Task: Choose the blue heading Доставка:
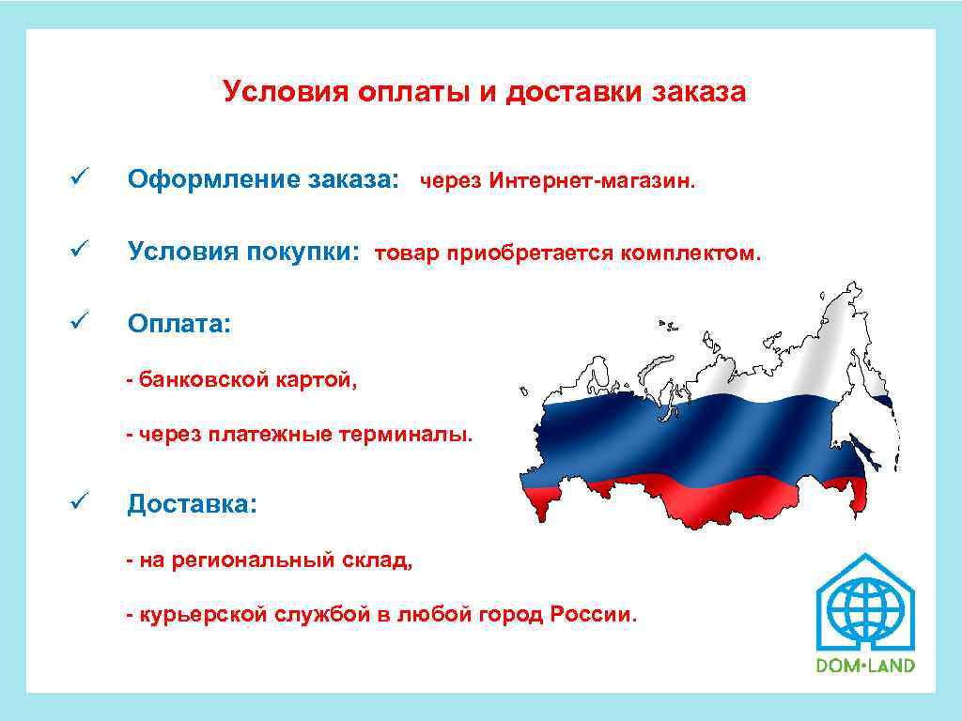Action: point(192,504)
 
